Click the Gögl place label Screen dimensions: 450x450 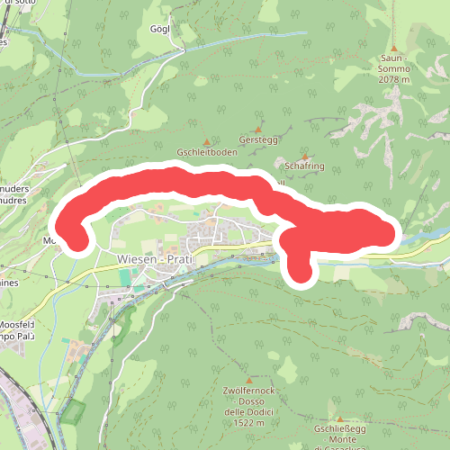pyautogui.click(x=161, y=29)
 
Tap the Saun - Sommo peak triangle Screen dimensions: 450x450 pyautogui.click(x=393, y=48)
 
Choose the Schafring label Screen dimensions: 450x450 pyautogui.click(x=304, y=166)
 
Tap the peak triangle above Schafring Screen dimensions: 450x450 pyautogui.click(x=305, y=156)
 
